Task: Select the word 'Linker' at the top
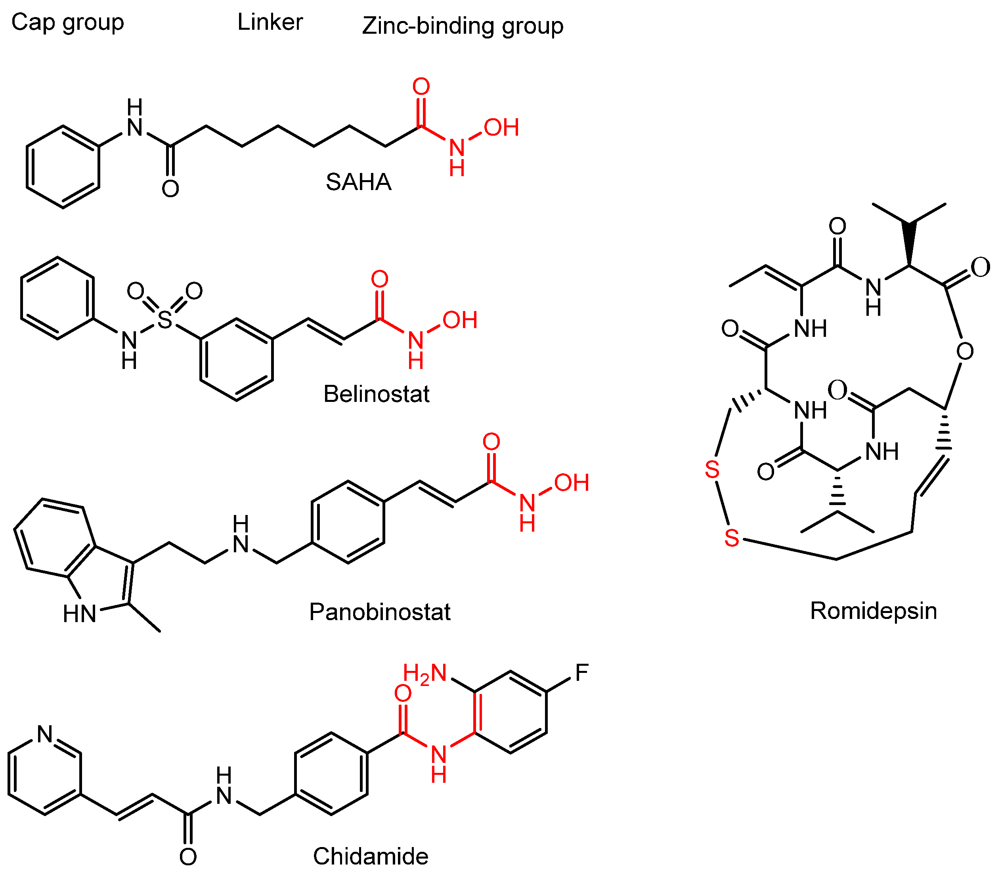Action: tap(270, 23)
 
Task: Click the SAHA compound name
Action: tap(359, 182)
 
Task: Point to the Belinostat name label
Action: tap(376, 394)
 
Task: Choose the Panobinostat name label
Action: tap(380, 612)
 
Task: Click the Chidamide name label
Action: tap(370, 857)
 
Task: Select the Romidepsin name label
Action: tap(873, 611)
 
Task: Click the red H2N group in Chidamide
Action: tap(424, 673)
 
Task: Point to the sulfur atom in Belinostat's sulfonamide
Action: tap(165, 320)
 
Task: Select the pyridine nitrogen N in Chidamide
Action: tap(45, 734)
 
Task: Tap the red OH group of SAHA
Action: tap(501, 128)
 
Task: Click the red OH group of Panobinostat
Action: tap(572, 483)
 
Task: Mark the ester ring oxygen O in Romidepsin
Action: tap(965, 351)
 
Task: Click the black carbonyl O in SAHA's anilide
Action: tap(170, 189)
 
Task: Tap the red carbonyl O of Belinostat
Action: tap(380, 279)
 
